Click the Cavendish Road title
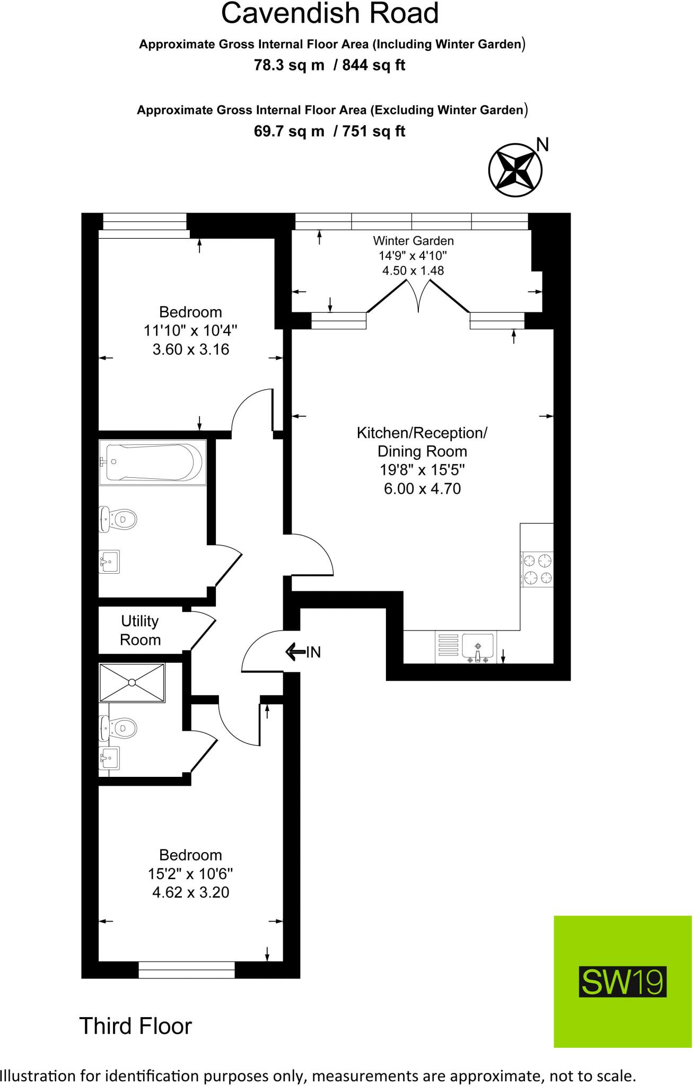[x=330, y=14]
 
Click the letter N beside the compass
[x=542, y=145]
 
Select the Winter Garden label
[x=413, y=241]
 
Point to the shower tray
[x=133, y=682]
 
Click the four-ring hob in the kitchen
[x=538, y=569]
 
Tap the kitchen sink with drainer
[x=466, y=647]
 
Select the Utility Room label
[x=140, y=630]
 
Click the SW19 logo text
[x=622, y=983]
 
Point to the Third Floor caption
[x=135, y=1026]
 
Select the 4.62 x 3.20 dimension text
[x=190, y=892]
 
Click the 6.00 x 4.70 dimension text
[x=422, y=488]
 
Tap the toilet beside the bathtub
[x=118, y=519]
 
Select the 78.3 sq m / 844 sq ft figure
[x=329, y=65]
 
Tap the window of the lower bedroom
[x=187, y=970]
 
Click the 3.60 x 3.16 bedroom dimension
[x=190, y=349]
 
